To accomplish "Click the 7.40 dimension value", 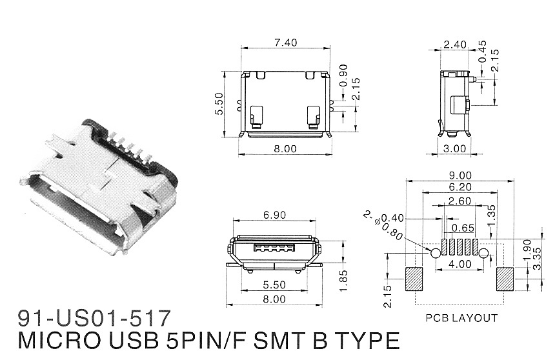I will click(x=285, y=43).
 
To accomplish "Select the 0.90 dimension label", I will click(x=343, y=76).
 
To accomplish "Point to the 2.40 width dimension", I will click(x=454, y=45).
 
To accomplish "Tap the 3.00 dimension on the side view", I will click(x=456, y=148).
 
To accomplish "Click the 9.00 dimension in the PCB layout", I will click(x=459, y=175).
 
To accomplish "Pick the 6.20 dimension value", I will click(x=459, y=187).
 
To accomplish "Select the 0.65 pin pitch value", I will click(x=459, y=228).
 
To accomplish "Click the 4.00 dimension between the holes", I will click(x=459, y=265).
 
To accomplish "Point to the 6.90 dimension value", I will click(x=275, y=214).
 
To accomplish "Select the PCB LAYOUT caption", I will click(x=461, y=318).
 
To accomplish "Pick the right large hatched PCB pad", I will click(x=505, y=279).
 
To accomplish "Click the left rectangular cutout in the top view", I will click(x=256, y=114).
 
